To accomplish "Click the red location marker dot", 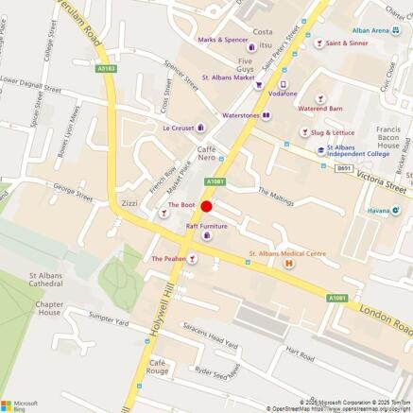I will pyautogui.click(x=206, y=205).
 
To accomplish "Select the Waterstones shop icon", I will pyautogui.click(x=267, y=115).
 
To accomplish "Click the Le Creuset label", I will pyautogui.click(x=178, y=128).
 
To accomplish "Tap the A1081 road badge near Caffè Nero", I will pyautogui.click(x=214, y=180).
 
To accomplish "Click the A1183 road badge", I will pyautogui.click(x=107, y=68).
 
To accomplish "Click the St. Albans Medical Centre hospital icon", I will pyautogui.click(x=288, y=264).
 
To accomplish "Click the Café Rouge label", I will pyautogui.click(x=158, y=367).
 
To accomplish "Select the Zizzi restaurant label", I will pyautogui.click(x=130, y=204).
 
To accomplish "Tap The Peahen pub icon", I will pyautogui.click(x=192, y=258).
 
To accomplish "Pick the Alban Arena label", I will pyautogui.click(x=370, y=30).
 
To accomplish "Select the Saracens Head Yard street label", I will pyautogui.click(x=216, y=339).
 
